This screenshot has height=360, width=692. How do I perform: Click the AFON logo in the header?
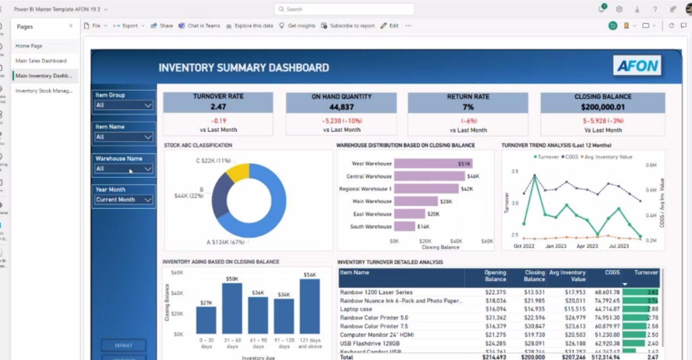click(636, 66)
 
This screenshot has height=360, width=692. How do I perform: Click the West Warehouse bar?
click(433, 164)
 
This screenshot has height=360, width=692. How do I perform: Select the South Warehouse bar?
click(404, 226)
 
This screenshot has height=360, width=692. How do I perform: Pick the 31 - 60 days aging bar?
click(232, 308)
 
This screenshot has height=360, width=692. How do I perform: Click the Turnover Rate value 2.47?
click(218, 107)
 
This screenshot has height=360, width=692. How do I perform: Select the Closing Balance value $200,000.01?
click(603, 107)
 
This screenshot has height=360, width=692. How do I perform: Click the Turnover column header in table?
click(646, 273)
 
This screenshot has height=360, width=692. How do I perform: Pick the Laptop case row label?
click(356, 309)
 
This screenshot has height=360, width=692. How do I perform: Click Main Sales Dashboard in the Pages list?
click(41, 61)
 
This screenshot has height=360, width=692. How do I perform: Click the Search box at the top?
click(344, 9)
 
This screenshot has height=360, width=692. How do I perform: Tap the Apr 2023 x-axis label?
click(587, 246)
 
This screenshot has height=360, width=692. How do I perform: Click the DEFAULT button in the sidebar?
click(123, 345)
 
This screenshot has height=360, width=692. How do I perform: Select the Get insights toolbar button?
click(297, 26)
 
